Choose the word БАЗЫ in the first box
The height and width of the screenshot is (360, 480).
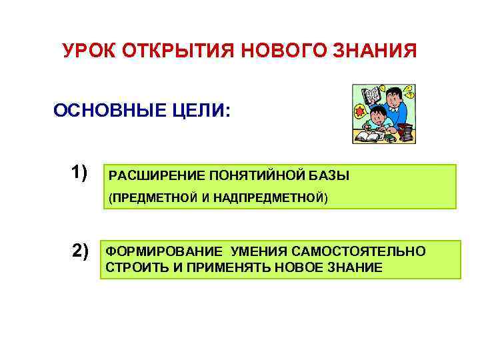coord(329,176)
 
